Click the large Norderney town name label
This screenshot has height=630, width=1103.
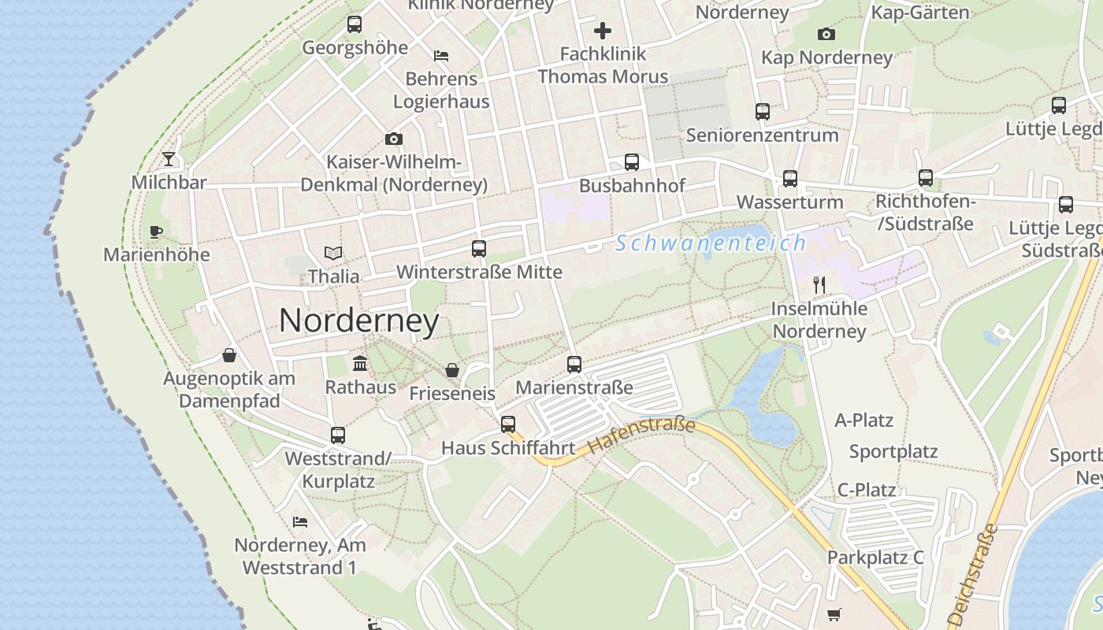(358, 321)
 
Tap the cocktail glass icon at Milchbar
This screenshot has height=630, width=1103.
(169, 159)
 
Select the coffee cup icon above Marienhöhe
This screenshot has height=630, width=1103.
(156, 232)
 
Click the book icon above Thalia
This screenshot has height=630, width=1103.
(334, 254)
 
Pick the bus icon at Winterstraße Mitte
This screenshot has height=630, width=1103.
(478, 249)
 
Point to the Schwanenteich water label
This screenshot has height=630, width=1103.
(711, 243)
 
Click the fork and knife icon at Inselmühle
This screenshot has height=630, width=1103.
(819, 284)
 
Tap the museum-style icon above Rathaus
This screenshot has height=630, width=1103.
(361, 363)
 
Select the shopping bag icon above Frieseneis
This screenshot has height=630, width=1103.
(452, 370)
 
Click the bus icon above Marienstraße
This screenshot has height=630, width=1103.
(574, 365)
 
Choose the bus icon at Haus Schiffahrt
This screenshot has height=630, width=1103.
(508, 424)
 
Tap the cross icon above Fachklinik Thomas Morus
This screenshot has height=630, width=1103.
(603, 31)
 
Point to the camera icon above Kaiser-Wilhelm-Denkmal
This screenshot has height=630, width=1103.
(394, 139)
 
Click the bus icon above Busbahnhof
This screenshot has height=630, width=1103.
(632, 162)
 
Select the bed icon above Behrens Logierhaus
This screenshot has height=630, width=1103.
(441, 56)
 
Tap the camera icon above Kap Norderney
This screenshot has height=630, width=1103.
(826, 34)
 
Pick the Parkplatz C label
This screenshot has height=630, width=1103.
(875, 558)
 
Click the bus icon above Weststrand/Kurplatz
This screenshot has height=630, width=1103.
(338, 435)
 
